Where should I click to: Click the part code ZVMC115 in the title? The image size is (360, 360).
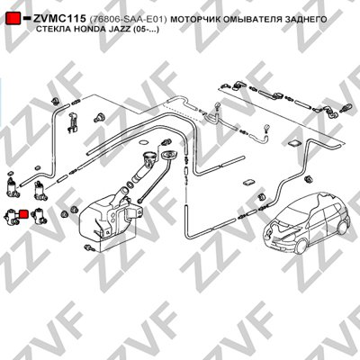pos(59,19)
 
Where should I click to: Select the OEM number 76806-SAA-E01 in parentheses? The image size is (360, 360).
pos(128,20)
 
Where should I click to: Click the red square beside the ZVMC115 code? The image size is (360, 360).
pos(13,19)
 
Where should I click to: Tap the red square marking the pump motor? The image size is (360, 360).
pos(23,214)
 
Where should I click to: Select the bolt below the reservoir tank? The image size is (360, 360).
pos(90,248)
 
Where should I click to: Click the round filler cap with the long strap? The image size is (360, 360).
pos(169,157)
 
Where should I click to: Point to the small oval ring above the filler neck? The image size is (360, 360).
pos(144,142)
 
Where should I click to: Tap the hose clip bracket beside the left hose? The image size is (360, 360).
pos(73,122)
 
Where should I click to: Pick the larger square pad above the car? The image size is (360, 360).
pos(295,143)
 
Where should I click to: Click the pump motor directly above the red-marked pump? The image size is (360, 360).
pos(13,187)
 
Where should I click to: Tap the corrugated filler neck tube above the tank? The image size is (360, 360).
pos(141,175)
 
